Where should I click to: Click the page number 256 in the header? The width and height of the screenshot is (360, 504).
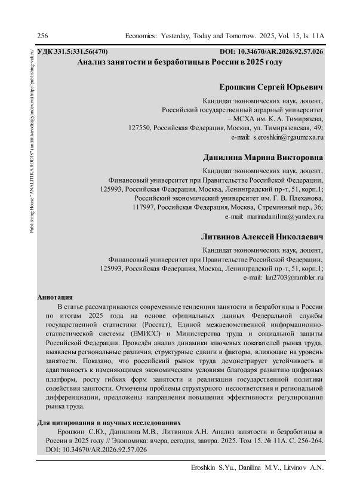coord(42,36)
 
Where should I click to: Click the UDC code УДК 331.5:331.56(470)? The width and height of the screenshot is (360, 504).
coord(72,52)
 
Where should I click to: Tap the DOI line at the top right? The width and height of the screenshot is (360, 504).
coord(272,52)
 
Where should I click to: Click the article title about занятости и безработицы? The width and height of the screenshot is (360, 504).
coord(180,62)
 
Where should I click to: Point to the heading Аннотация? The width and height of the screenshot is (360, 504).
coord(55,297)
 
